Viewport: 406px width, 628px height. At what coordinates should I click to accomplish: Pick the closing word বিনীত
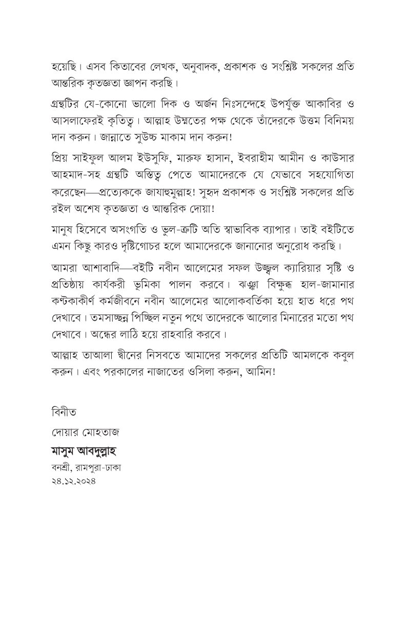coord(63,411)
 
